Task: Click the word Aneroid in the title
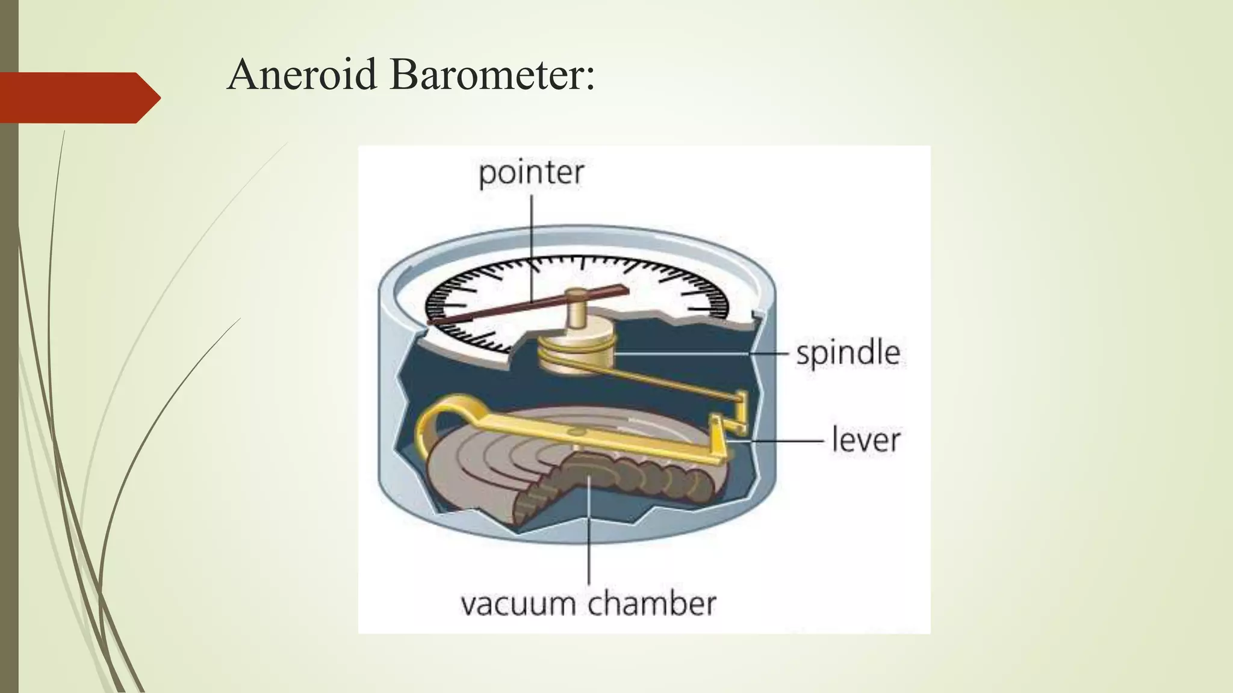(x=302, y=75)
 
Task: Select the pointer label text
(x=531, y=173)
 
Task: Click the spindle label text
(x=848, y=353)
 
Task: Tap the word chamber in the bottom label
(x=652, y=603)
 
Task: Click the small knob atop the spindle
(x=577, y=296)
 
